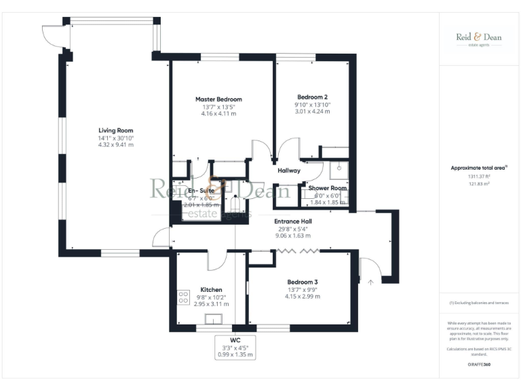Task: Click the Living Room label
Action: [x=115, y=130]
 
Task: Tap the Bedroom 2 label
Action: [x=312, y=96]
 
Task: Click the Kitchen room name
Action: [x=211, y=290]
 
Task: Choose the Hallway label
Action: [x=289, y=170]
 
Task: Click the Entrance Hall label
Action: [x=293, y=221]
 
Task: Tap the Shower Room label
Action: [x=327, y=187]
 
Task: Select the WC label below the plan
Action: [x=235, y=340]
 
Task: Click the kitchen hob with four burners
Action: [x=183, y=297]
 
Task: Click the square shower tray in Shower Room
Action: [x=339, y=168]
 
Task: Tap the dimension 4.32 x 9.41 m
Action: [x=115, y=145]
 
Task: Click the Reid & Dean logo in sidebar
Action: [x=478, y=39]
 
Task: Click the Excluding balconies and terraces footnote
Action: [x=479, y=303]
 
